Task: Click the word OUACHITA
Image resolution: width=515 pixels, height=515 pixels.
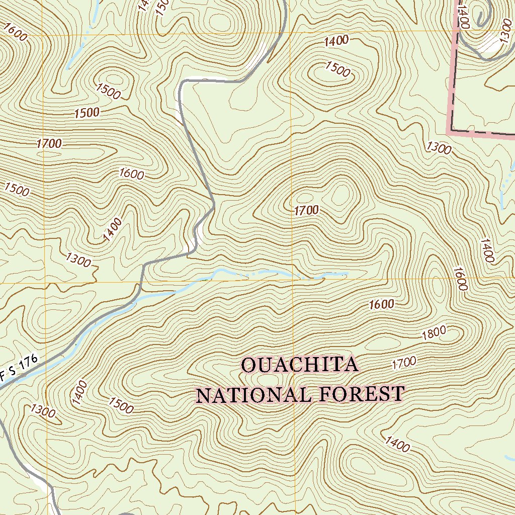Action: pos(300,365)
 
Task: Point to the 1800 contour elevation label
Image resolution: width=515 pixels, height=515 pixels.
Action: pos(434,333)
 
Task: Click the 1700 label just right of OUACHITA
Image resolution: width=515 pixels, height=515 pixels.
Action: pos(404,362)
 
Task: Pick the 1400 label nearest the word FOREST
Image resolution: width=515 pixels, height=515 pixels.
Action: pos(397,444)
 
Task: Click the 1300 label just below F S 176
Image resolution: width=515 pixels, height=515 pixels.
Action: pos(42,411)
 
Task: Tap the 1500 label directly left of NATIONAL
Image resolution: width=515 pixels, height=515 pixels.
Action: pos(121,405)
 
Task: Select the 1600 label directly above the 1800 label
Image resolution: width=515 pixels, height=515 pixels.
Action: pos(381,304)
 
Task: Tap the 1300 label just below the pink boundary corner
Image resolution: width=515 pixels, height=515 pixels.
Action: pos(439,147)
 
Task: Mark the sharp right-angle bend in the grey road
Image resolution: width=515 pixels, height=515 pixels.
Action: pos(182,82)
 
